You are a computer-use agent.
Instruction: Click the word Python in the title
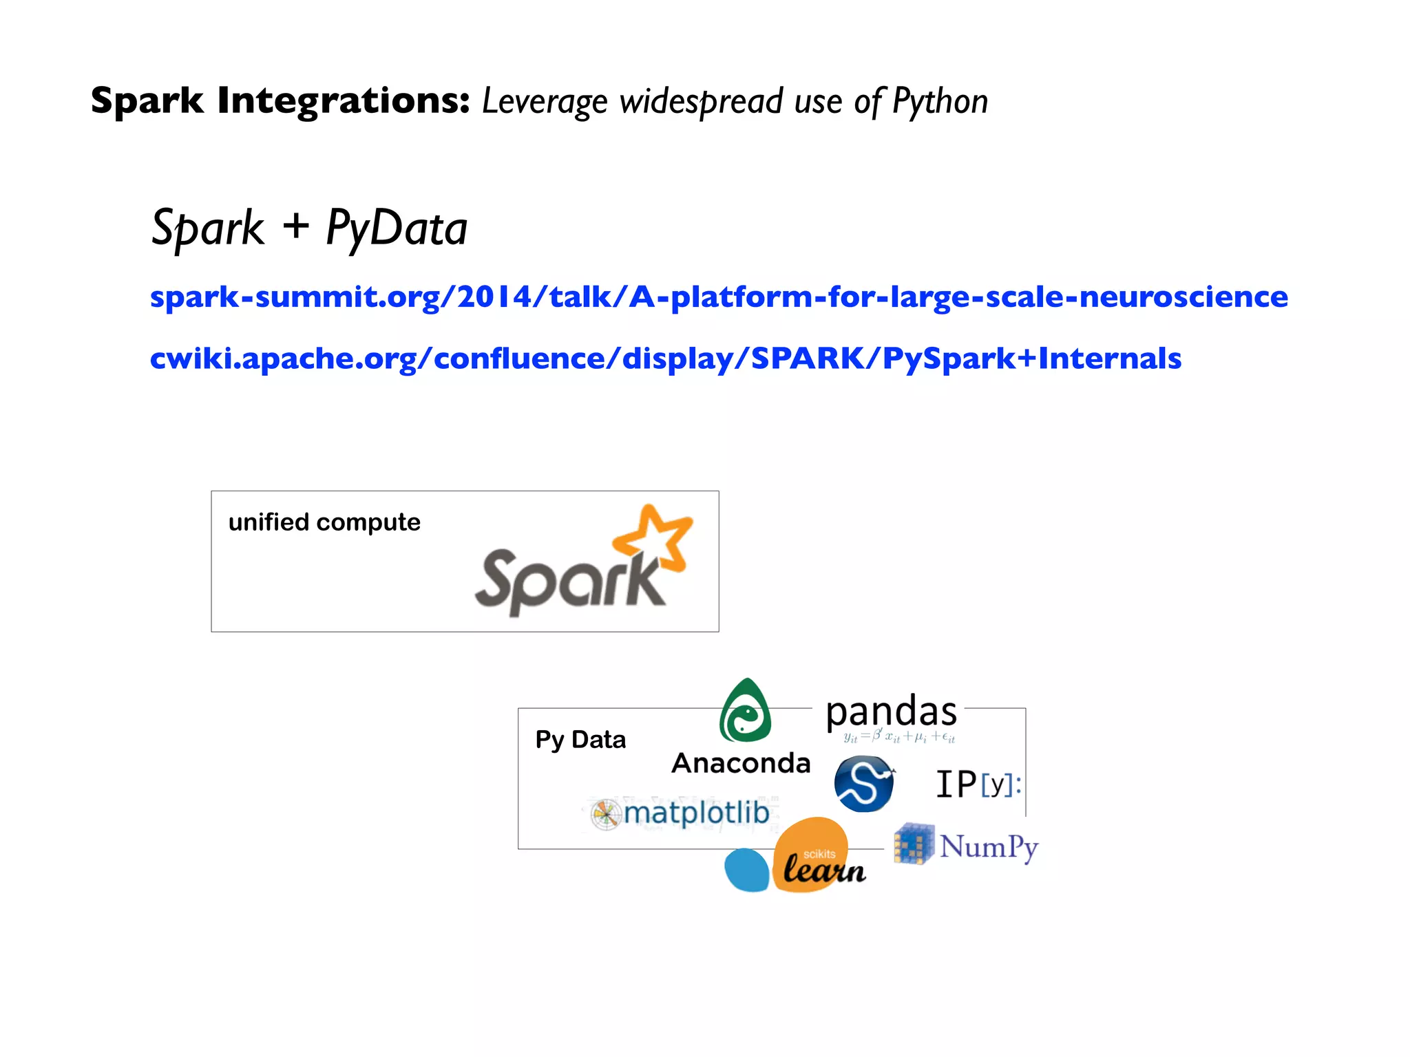pos(940,102)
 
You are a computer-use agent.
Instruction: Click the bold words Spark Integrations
pos(280,100)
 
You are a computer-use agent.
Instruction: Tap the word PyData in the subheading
pos(397,228)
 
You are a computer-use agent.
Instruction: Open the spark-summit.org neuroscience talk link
pos(719,297)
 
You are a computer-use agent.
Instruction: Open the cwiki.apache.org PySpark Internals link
pos(666,359)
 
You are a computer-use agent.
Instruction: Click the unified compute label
pos(324,522)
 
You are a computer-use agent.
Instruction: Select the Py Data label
pos(580,740)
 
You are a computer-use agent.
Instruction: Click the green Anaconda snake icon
pos(745,712)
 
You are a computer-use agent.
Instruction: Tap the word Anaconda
pos(741,763)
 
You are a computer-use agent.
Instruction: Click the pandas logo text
pos(891,712)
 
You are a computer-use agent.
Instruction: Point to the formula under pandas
pos(899,738)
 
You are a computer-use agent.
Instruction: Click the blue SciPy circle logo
pos(863,784)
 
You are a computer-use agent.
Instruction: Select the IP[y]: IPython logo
pos(978,784)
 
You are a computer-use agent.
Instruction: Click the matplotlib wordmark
pos(697,813)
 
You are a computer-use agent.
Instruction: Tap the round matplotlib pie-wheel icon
pos(606,815)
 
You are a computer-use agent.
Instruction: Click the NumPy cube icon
pos(913,844)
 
